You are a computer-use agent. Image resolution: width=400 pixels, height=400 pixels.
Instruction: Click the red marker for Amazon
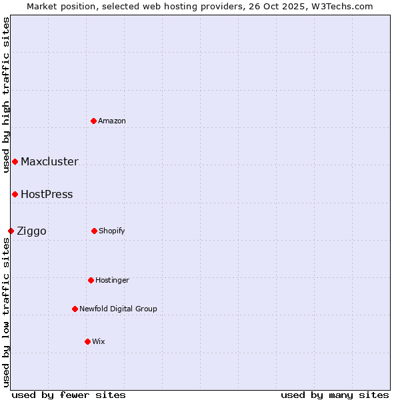tap(94, 121)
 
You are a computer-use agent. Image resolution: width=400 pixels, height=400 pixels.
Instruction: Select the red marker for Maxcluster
tap(15, 161)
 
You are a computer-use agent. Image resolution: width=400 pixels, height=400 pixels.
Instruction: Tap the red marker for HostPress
tap(15, 194)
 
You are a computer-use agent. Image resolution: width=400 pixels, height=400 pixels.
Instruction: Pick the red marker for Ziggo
tap(11, 231)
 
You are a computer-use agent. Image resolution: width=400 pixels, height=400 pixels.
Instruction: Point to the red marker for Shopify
tap(94, 231)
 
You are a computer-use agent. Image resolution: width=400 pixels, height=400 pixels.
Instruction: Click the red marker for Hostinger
tap(91, 280)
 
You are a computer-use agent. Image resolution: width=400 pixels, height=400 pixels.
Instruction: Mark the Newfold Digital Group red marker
tap(75, 309)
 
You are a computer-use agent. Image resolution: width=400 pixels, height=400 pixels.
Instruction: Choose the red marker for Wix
tap(87, 341)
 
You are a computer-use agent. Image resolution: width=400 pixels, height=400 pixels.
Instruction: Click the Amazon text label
tap(112, 121)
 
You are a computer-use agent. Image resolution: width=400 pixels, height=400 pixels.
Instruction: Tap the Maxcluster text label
tap(49, 161)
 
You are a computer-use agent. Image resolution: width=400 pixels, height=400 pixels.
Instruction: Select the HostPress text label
tap(47, 194)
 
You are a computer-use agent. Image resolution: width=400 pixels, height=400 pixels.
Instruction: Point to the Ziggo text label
tap(31, 231)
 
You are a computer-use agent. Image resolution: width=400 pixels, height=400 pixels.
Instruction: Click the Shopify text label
tap(112, 231)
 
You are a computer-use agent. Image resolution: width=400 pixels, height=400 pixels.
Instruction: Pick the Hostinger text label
tap(112, 280)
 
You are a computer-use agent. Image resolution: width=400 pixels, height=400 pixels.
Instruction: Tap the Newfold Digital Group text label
tap(118, 309)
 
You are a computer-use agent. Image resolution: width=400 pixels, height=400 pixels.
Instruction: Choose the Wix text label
tap(99, 341)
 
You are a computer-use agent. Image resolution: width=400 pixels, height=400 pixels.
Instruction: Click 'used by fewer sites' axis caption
tap(69, 395)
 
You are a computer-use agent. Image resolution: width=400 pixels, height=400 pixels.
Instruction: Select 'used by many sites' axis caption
tap(335, 395)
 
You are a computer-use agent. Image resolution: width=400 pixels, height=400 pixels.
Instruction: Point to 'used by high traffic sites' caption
tap(6, 95)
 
